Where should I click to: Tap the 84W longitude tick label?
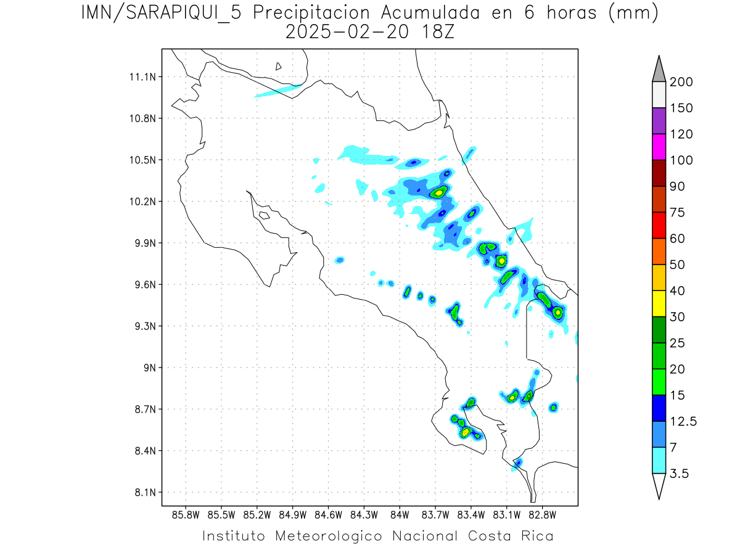point(400,514)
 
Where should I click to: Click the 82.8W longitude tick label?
point(542,514)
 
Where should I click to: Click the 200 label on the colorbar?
point(681,82)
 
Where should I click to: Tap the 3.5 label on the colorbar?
point(680,474)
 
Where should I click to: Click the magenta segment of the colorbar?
point(659,147)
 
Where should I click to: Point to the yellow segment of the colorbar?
point(659,303)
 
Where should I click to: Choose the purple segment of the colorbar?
point(659,121)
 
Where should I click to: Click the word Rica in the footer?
point(536,536)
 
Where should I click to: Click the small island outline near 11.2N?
point(279,66)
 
